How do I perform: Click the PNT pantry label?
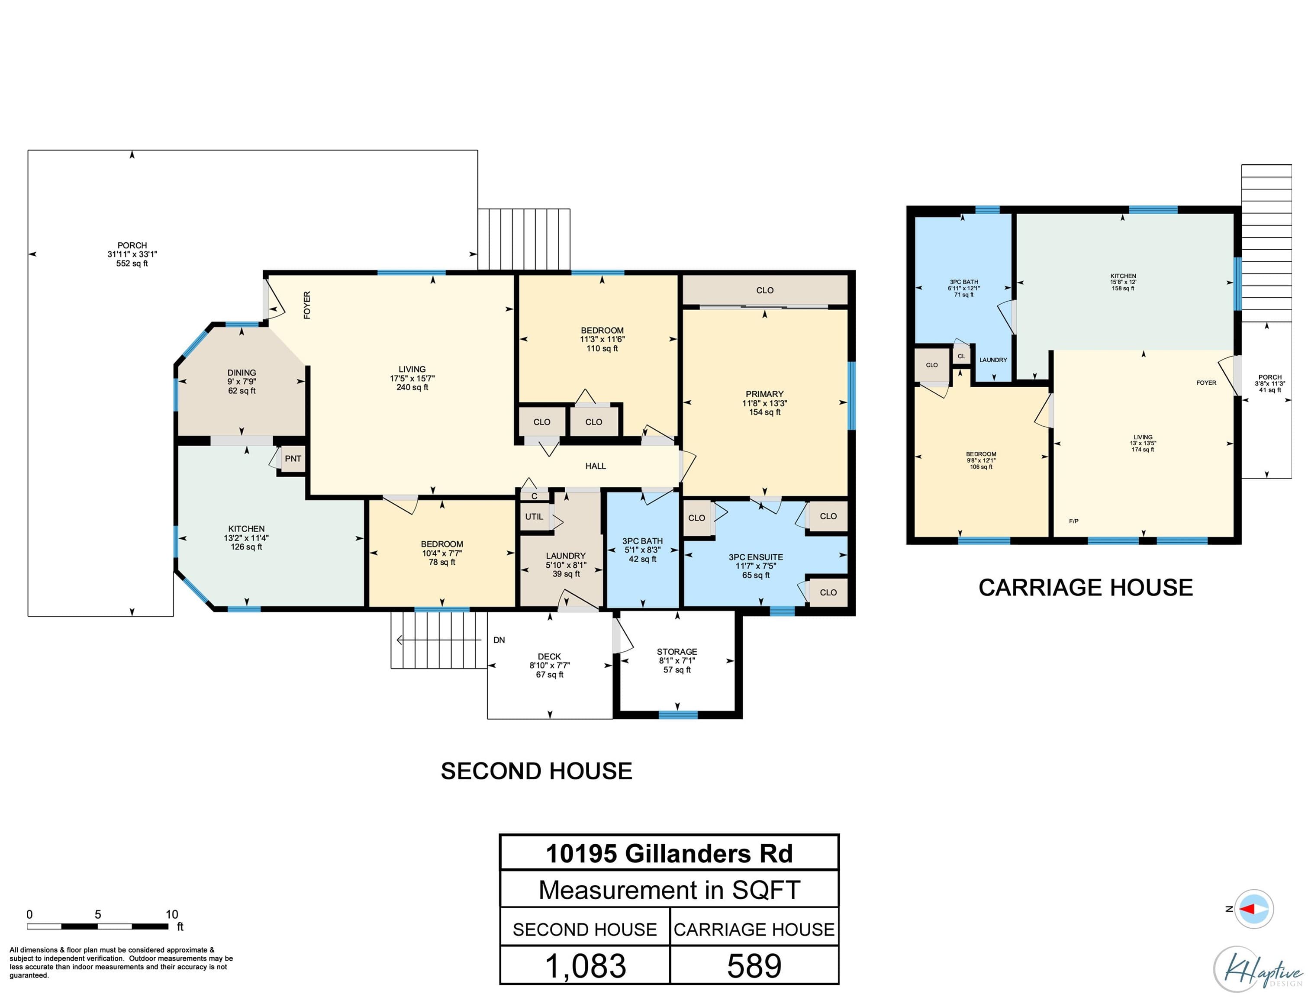293,459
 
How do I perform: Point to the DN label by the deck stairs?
499,640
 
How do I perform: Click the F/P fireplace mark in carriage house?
1073,521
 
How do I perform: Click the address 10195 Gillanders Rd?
669,853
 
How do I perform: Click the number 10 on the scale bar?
171,914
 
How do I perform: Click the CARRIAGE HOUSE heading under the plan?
1086,588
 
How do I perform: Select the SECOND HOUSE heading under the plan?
537,771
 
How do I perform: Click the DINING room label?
242,373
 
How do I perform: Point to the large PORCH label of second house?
132,245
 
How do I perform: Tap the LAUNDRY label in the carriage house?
993,360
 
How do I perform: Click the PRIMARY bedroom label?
764,394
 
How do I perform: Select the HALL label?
595,466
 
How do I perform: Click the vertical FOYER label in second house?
307,305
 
